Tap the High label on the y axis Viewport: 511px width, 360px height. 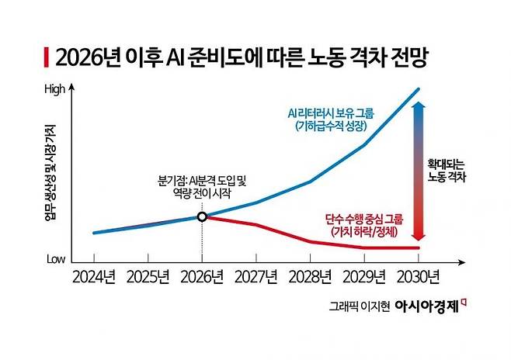tap(55, 89)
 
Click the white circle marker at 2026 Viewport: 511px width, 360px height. tap(202, 216)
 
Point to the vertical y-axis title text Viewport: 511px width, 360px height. tap(50, 173)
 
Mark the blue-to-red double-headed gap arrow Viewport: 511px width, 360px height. tap(418, 171)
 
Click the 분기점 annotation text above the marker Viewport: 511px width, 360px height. tap(201, 187)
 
